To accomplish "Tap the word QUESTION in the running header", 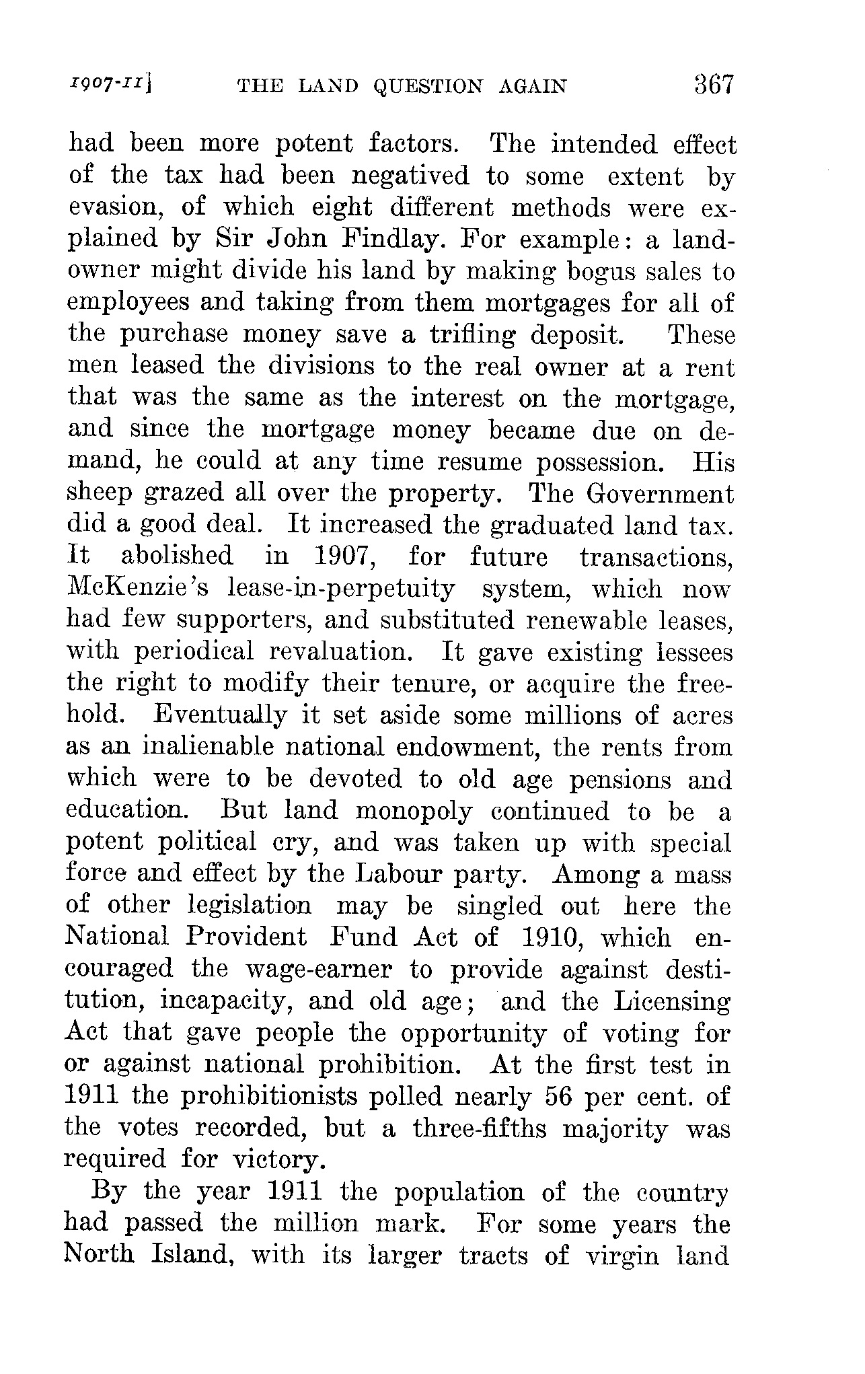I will pyautogui.click(x=428, y=87).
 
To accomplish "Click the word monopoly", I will pyautogui.click(x=414, y=811).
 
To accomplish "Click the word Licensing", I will pyautogui.click(x=672, y=1002).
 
